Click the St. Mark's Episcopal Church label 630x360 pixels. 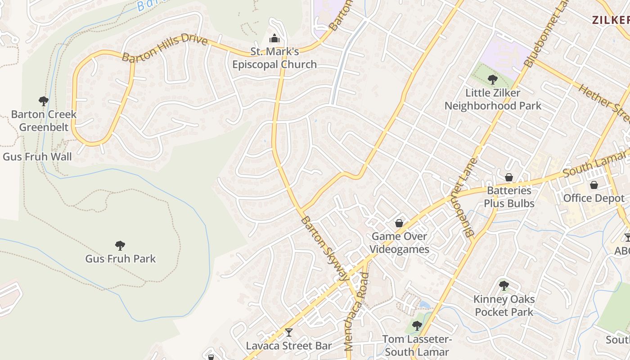pyautogui.click(x=274, y=58)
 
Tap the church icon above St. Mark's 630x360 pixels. pyautogui.click(x=274, y=37)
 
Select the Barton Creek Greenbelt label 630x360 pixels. pyautogui.click(x=44, y=121)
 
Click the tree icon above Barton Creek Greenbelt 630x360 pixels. pyautogui.click(x=44, y=100)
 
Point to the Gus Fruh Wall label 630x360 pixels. pyautogui.click(x=37, y=157)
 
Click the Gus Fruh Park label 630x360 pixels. pyautogui.click(x=120, y=259)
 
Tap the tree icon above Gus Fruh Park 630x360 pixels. pyautogui.click(x=120, y=245)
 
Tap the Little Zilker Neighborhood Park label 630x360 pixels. pyautogui.click(x=493, y=99)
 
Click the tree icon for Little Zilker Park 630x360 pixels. pyautogui.click(x=492, y=80)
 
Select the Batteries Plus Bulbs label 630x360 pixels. pyautogui.click(x=509, y=197)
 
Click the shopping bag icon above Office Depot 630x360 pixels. pyautogui.click(x=594, y=184)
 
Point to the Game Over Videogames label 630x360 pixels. pyautogui.click(x=400, y=243)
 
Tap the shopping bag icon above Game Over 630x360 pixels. pyautogui.click(x=399, y=223)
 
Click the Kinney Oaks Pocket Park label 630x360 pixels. pyautogui.click(x=504, y=306)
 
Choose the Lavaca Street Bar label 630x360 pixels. pyautogui.click(x=288, y=346)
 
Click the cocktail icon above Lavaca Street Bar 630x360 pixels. pyautogui.click(x=288, y=333)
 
